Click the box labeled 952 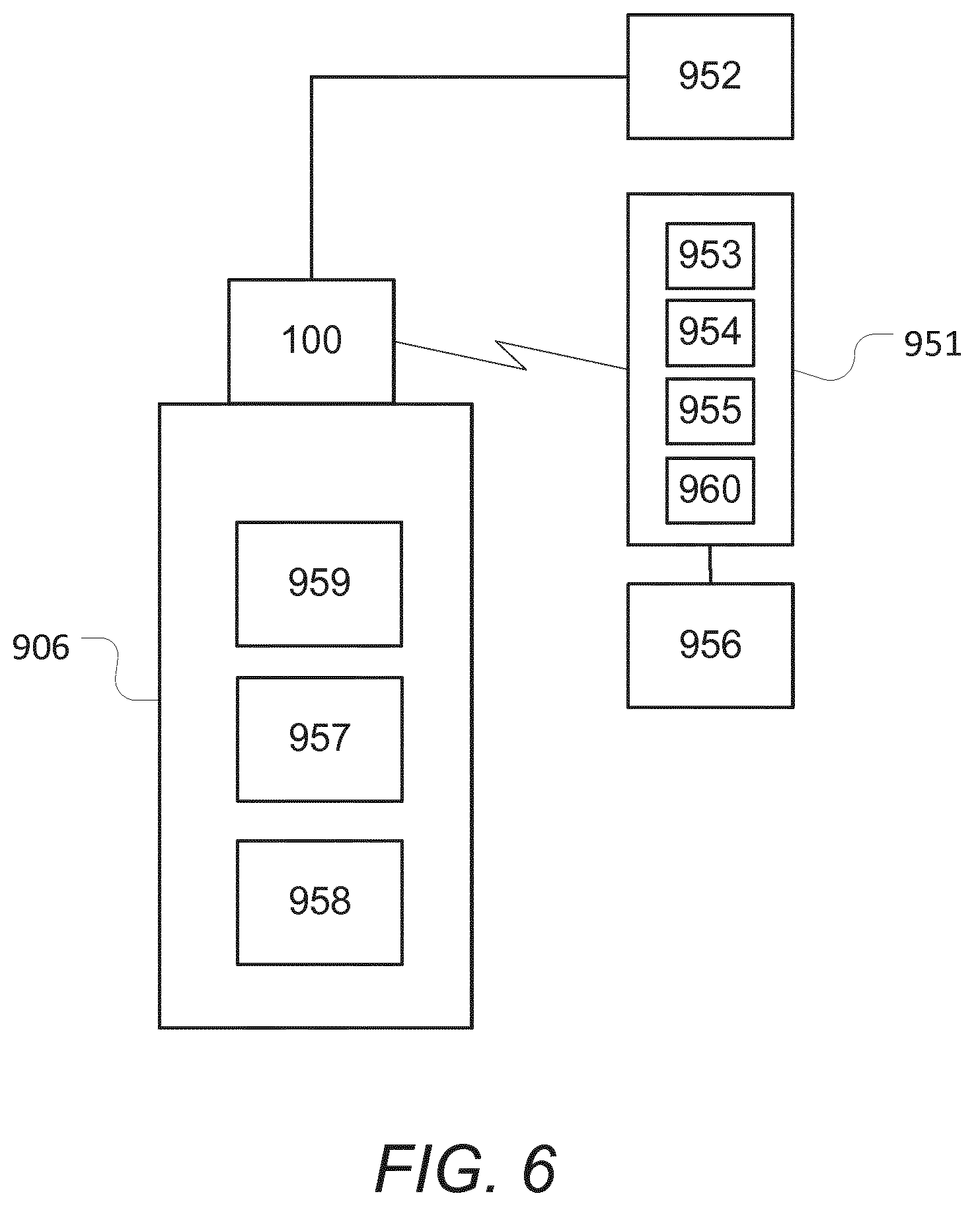coord(710,77)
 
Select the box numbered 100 coord(311,341)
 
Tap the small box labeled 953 coord(710,256)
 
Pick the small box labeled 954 coord(710,332)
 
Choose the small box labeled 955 coord(710,411)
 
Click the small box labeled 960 coord(710,490)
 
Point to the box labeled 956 coord(710,645)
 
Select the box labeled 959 coord(319,584)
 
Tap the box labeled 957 coord(320,739)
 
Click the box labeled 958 coord(320,902)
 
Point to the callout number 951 coord(932,344)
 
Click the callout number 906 coord(41,648)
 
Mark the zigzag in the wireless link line coord(511,355)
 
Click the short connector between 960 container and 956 coord(710,564)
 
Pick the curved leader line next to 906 coord(119,669)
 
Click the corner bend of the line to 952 coord(311,77)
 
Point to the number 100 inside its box coord(312,341)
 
